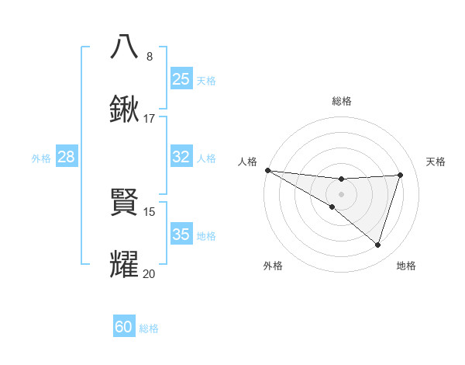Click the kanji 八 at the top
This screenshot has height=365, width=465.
pos(125,47)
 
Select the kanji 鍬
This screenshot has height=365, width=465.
pos(125,109)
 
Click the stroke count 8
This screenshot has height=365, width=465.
pos(150,57)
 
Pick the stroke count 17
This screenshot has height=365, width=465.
pos(150,119)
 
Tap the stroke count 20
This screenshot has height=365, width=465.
pos(150,274)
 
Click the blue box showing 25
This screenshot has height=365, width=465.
pos(181,78)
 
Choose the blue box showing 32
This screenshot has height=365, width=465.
pos(181,157)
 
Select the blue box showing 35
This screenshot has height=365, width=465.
pos(181,235)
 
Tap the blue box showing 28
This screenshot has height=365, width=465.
pos(67,157)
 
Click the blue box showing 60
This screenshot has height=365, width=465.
pos(124,328)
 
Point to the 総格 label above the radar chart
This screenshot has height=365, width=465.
pos(341,101)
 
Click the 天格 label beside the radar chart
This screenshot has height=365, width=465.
pos(436,162)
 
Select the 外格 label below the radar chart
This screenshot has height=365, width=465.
pos(273,266)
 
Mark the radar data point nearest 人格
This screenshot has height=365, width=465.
pos(267,170)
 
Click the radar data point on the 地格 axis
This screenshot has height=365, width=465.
pos(377,245)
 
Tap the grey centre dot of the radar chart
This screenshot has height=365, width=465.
pos(341,193)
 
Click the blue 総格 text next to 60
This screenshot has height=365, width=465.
pos(149,328)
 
